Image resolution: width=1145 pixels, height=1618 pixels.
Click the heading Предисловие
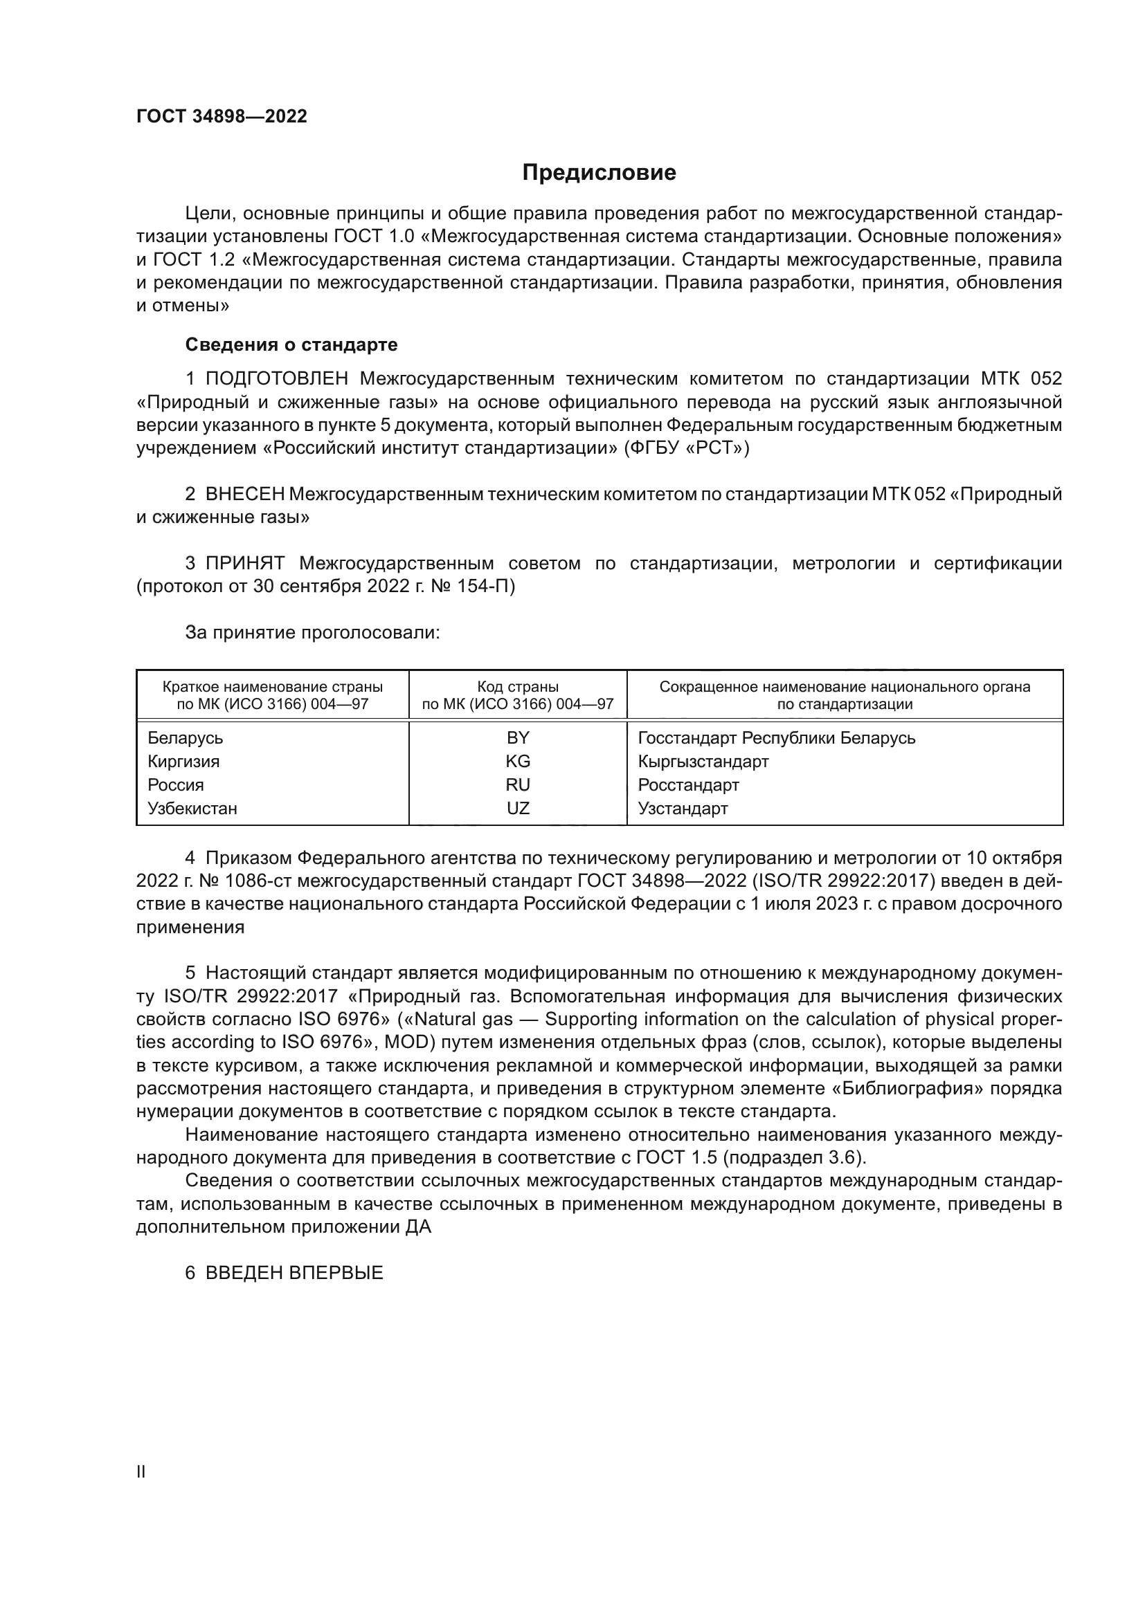pyautogui.click(x=599, y=173)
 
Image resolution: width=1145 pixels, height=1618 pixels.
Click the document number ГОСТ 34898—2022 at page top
pyautogui.click(x=222, y=117)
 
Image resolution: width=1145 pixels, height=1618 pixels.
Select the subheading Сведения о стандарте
pyautogui.click(x=291, y=344)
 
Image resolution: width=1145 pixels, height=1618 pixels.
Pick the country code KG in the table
pyautogui.click(x=518, y=761)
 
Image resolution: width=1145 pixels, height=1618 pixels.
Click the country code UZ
pyautogui.click(x=518, y=808)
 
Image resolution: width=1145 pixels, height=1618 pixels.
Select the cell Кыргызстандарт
pyautogui.click(x=703, y=761)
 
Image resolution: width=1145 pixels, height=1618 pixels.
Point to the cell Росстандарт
pyautogui.click(x=688, y=784)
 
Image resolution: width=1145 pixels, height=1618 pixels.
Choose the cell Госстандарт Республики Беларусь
pyautogui.click(x=776, y=738)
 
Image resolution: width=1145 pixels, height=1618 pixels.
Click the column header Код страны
pyautogui.click(x=518, y=686)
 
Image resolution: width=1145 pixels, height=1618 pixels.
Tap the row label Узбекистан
pyautogui.click(x=192, y=808)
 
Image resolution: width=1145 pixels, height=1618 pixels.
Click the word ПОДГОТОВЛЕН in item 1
pyautogui.click(x=276, y=379)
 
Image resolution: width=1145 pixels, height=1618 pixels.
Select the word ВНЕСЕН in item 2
pyautogui.click(x=244, y=494)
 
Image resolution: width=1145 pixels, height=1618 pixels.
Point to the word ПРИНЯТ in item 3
pyautogui.click(x=244, y=563)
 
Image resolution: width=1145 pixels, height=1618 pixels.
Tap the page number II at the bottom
pyautogui.click(x=141, y=1471)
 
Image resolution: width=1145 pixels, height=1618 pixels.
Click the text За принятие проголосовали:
pyautogui.click(x=312, y=633)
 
